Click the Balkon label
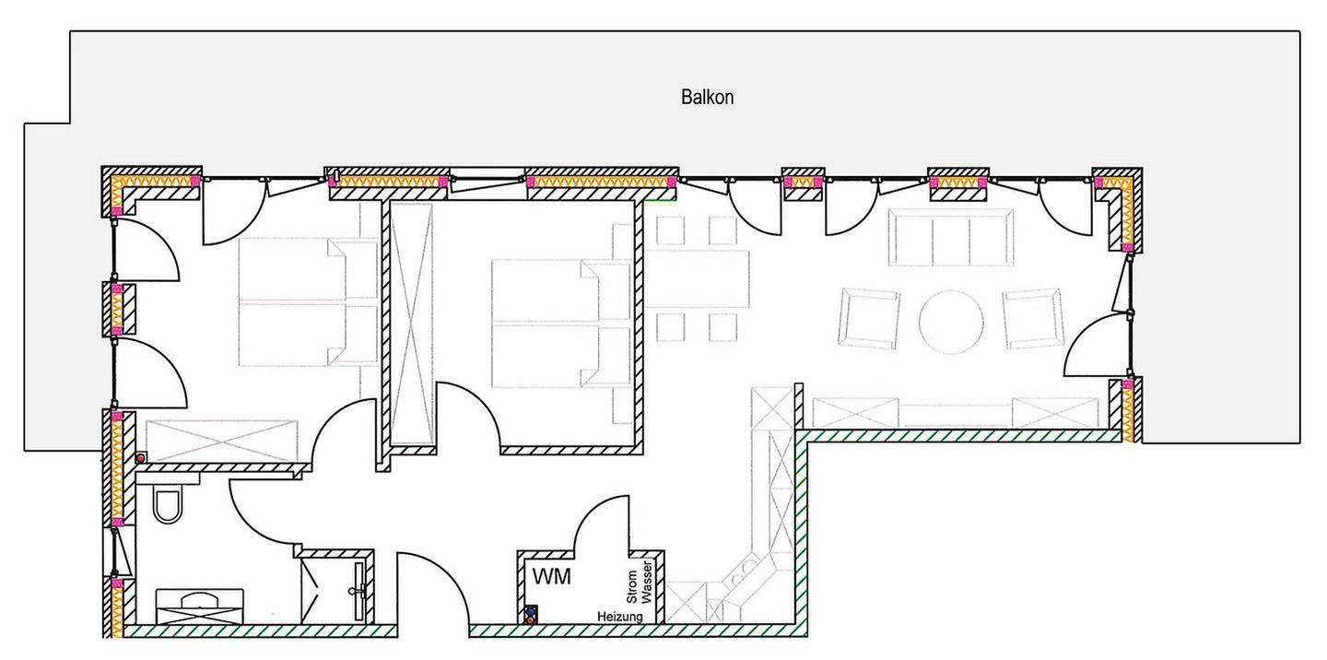pos(708,97)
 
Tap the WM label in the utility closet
pos(551,576)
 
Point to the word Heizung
pos(619,617)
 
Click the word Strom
pos(632,586)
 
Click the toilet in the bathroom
pos(167,503)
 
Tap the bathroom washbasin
pos(200,607)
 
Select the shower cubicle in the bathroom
pos(334,588)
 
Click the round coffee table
pos(951,323)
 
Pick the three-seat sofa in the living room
pos(951,237)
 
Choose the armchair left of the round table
pos(868,318)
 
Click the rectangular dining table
pos(698,279)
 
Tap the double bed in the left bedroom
pos(308,301)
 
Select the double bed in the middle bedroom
pos(560,324)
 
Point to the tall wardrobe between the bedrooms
pos(412,324)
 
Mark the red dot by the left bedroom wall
pos(141,457)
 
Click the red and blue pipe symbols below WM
pos(529,615)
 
